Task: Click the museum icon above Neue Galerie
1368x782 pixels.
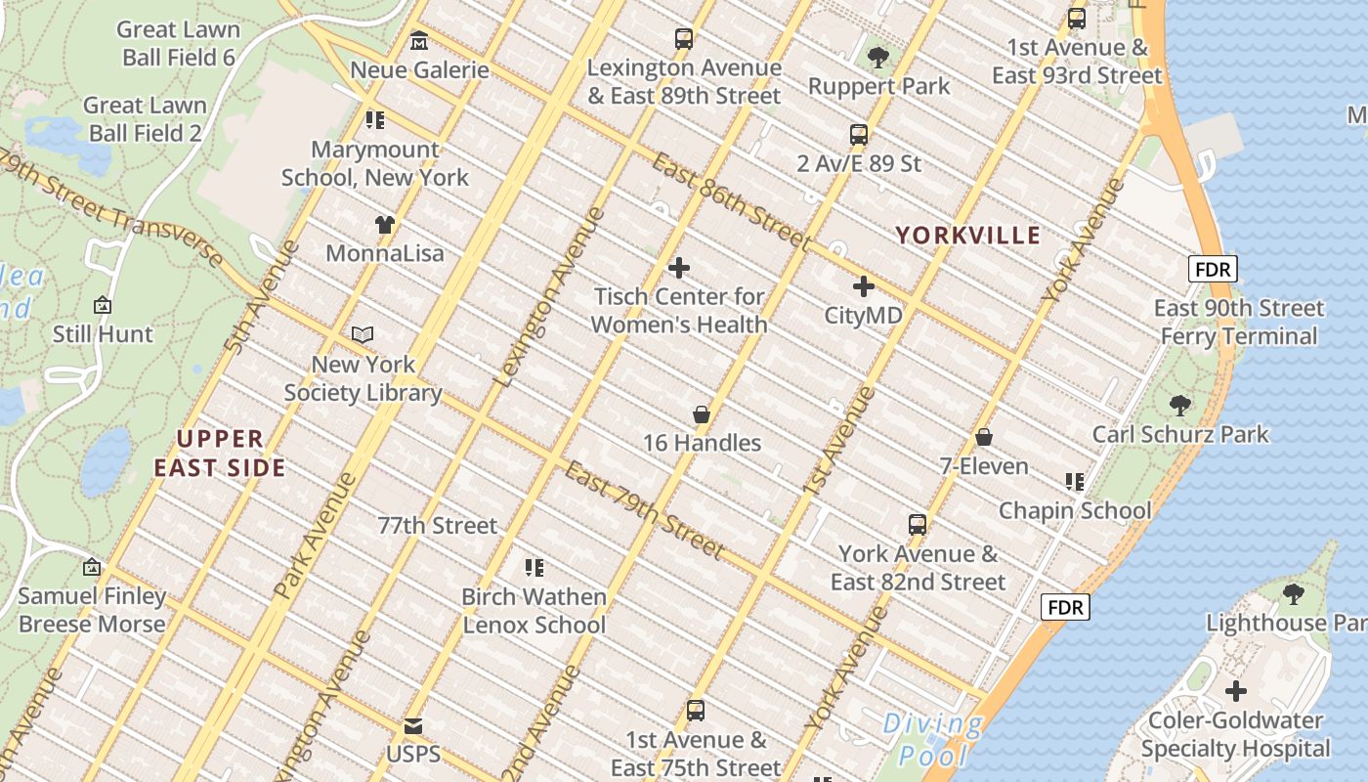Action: [419, 41]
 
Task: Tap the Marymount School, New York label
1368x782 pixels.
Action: [375, 163]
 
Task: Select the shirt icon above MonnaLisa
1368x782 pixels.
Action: [385, 225]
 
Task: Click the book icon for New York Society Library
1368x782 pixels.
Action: [363, 335]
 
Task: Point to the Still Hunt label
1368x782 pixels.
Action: [103, 334]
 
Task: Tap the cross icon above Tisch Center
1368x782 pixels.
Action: [679, 268]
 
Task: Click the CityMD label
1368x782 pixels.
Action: [864, 316]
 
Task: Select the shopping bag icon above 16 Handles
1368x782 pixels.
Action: [701, 414]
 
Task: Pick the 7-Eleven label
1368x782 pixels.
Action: [984, 466]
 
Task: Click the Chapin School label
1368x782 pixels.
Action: [1075, 510]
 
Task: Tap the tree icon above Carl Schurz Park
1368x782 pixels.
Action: [1180, 405]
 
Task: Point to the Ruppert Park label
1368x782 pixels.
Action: [878, 86]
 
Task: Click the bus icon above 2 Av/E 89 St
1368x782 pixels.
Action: [859, 135]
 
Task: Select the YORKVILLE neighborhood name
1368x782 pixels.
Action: [968, 236]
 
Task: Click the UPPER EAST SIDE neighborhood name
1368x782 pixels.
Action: [220, 454]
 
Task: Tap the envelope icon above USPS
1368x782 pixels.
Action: [413, 727]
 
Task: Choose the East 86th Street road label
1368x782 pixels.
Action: [731, 201]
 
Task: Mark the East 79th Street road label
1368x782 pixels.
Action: [645, 510]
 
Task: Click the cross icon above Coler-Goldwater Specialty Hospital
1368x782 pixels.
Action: [1236, 692]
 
